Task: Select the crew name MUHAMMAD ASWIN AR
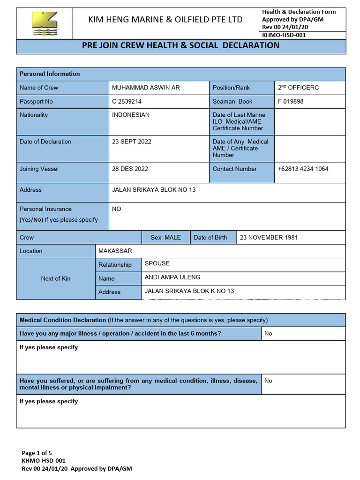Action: (x=146, y=88)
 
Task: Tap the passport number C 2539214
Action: (x=127, y=101)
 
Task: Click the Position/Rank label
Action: (x=231, y=88)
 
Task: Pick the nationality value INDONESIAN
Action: (x=131, y=115)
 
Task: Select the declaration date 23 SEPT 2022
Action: (x=132, y=142)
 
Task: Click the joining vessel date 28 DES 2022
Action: (x=130, y=169)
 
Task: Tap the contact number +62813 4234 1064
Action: (x=303, y=169)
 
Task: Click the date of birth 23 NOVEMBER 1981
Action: (x=269, y=238)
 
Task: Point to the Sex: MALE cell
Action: (x=165, y=238)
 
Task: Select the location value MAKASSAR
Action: (x=115, y=251)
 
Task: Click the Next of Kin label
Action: (x=55, y=278)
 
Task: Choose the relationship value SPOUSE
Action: (x=157, y=264)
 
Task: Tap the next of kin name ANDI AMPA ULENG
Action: (x=172, y=277)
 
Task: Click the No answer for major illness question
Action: (x=268, y=334)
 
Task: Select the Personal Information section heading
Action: (x=50, y=74)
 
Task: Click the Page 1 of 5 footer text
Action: (x=37, y=453)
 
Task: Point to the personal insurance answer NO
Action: (x=117, y=209)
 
